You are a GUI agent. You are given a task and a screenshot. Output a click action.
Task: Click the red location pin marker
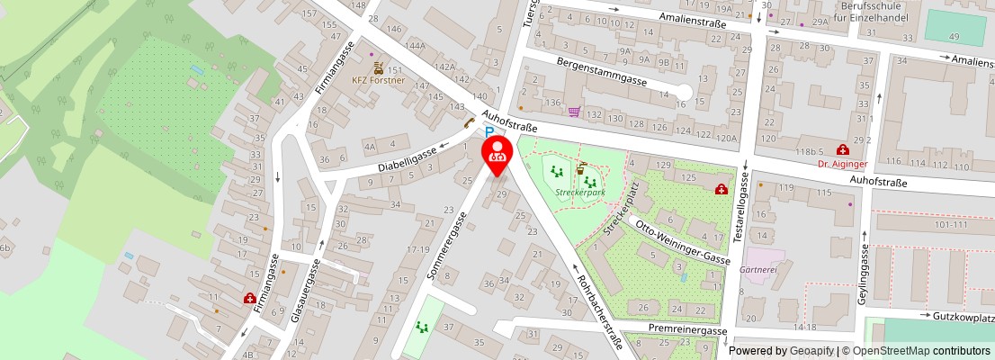[x=497, y=152]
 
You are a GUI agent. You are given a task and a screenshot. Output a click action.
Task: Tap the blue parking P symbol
[x=490, y=131]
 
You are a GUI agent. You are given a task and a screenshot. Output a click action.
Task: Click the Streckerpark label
[x=579, y=193]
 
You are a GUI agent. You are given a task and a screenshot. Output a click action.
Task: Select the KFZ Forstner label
[x=378, y=80]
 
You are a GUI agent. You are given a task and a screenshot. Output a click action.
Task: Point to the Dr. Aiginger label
[x=843, y=164]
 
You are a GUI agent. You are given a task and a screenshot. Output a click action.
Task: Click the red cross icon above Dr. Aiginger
[x=843, y=149]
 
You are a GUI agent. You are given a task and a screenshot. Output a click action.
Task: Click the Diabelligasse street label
[x=408, y=160]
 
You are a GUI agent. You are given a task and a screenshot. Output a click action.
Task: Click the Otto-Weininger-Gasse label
[x=683, y=244]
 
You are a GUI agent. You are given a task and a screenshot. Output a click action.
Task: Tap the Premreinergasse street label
[x=687, y=330]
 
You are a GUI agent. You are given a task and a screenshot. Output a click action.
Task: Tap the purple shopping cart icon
[x=574, y=112]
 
